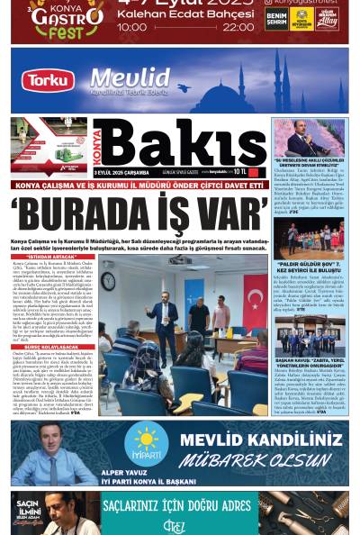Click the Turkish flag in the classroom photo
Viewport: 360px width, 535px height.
click(x=254, y=290)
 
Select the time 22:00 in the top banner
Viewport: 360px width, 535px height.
click(x=238, y=28)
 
